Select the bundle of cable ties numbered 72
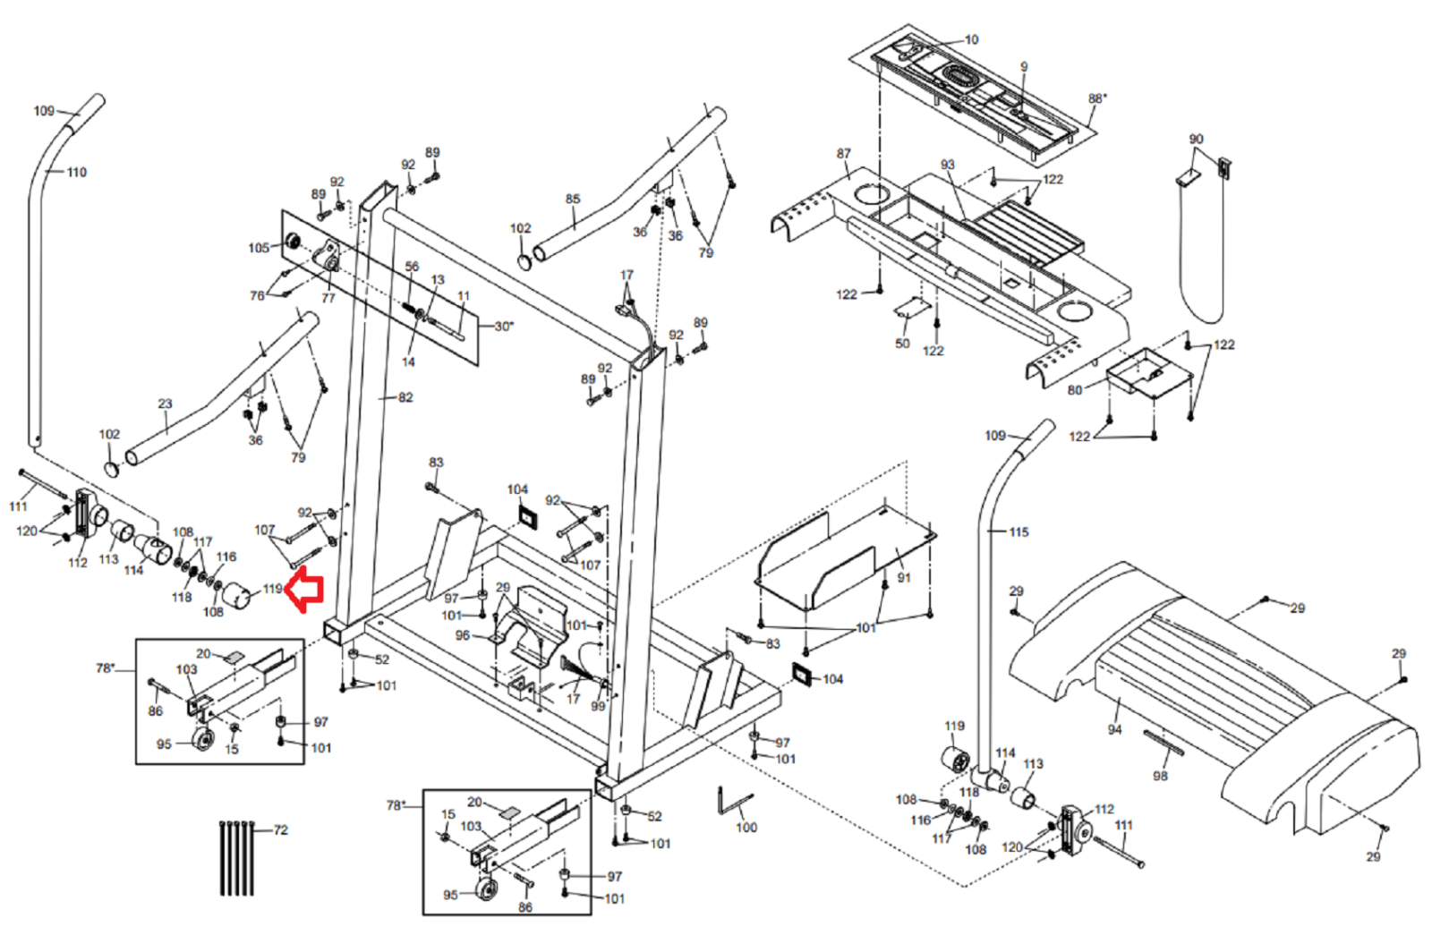[236, 857]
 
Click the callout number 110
[77, 172]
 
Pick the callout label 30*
[504, 326]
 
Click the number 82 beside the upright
[405, 397]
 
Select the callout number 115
[1019, 531]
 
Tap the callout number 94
[1114, 729]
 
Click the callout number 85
[573, 199]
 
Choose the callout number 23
[165, 404]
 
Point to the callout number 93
[948, 165]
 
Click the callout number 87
[844, 153]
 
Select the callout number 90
[1196, 139]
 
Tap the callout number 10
[971, 39]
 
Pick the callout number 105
[259, 248]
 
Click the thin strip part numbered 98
[1163, 743]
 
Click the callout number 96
[463, 635]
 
